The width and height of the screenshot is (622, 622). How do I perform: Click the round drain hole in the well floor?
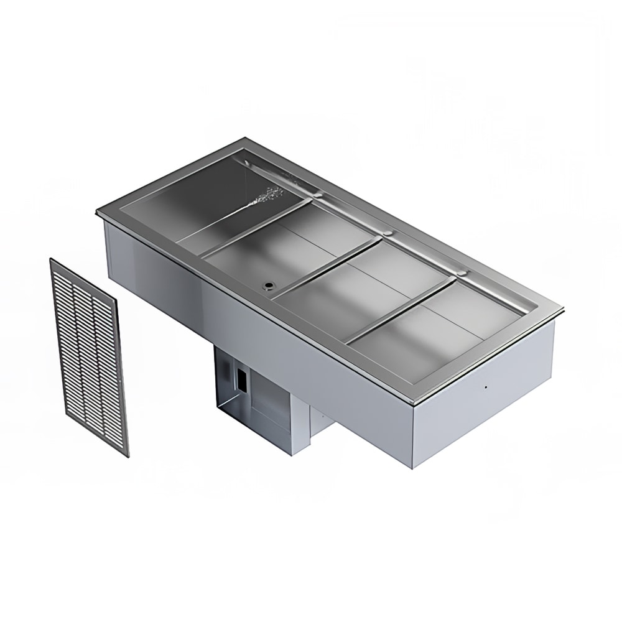[269, 285]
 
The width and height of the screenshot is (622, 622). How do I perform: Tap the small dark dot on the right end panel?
[485, 386]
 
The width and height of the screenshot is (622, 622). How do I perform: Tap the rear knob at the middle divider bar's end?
[388, 234]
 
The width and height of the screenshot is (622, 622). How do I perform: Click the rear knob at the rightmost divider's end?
[461, 273]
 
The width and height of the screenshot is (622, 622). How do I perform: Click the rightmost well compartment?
[435, 330]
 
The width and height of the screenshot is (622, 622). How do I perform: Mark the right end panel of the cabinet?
[482, 398]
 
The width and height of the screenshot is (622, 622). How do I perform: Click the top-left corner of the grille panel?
[50, 260]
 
